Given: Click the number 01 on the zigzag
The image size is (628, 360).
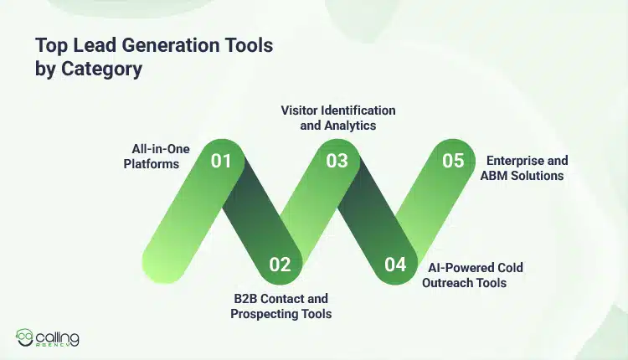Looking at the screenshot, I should tap(221, 161).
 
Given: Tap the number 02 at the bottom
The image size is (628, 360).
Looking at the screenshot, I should tap(280, 265).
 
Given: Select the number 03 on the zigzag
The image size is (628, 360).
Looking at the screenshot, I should tap(337, 161).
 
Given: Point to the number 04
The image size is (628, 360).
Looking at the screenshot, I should tap(395, 265).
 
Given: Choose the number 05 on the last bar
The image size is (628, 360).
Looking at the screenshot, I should tap(453, 161).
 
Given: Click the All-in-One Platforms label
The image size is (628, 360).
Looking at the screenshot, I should tap(155, 157).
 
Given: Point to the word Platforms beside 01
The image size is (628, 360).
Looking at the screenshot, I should tap(152, 164).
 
